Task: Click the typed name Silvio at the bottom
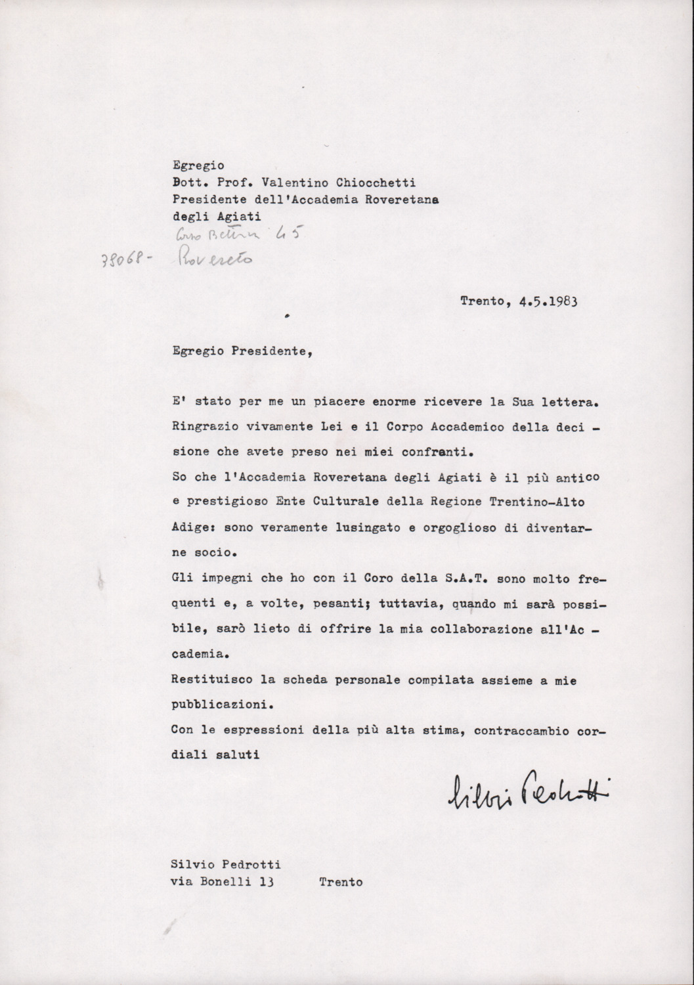pos(192,865)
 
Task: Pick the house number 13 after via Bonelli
pos(266,883)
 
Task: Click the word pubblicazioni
pos(214,707)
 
